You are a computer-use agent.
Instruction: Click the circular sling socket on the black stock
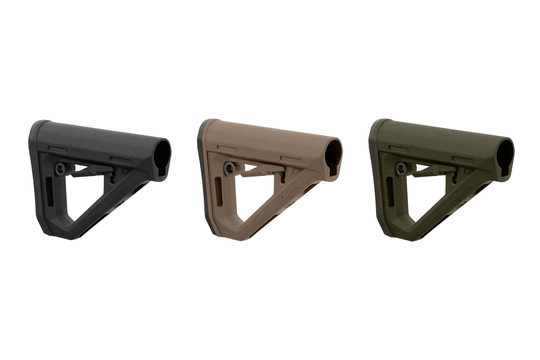point(60,168)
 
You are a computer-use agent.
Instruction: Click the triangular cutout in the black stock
point(84,197)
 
